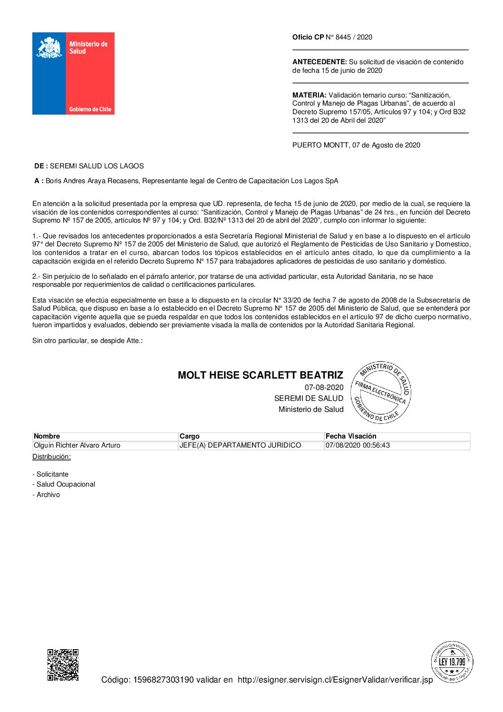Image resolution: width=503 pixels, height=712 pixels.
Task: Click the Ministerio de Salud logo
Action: pyautogui.click(x=73, y=73)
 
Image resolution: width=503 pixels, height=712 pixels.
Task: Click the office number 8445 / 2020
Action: pyautogui.click(x=354, y=37)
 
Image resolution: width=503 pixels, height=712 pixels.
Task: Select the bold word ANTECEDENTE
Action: pyautogui.click(x=319, y=62)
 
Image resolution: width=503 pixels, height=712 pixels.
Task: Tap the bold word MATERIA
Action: pyautogui.click(x=310, y=95)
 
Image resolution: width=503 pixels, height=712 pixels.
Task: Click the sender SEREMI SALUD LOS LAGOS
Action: pyautogui.click(x=97, y=166)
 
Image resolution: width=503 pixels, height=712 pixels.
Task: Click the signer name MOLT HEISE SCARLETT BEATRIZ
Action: pyautogui.click(x=260, y=375)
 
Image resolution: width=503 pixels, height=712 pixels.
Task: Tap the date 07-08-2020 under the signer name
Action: pyautogui.click(x=324, y=387)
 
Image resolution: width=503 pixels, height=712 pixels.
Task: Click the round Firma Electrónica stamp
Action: pyautogui.click(x=381, y=392)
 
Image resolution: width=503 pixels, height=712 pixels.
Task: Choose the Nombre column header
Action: pyautogui.click(x=47, y=436)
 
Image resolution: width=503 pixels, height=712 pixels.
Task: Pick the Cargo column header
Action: pyautogui.click(x=190, y=436)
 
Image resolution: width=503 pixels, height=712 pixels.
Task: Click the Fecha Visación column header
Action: pyautogui.click(x=351, y=436)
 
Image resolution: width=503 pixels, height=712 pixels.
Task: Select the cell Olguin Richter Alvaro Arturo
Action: pyautogui.click(x=77, y=445)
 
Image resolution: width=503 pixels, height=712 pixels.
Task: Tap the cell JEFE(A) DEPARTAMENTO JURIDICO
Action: pyautogui.click(x=240, y=445)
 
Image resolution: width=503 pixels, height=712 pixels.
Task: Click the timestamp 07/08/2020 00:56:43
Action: pyautogui.click(x=358, y=445)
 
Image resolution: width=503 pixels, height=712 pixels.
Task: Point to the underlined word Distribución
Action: pyautogui.click(x=51, y=457)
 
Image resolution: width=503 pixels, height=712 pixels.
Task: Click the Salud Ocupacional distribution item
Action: pyautogui.click(x=66, y=484)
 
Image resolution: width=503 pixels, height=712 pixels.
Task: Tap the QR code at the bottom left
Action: pyautogui.click(x=63, y=664)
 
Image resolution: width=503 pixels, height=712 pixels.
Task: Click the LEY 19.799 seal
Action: pyautogui.click(x=452, y=662)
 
